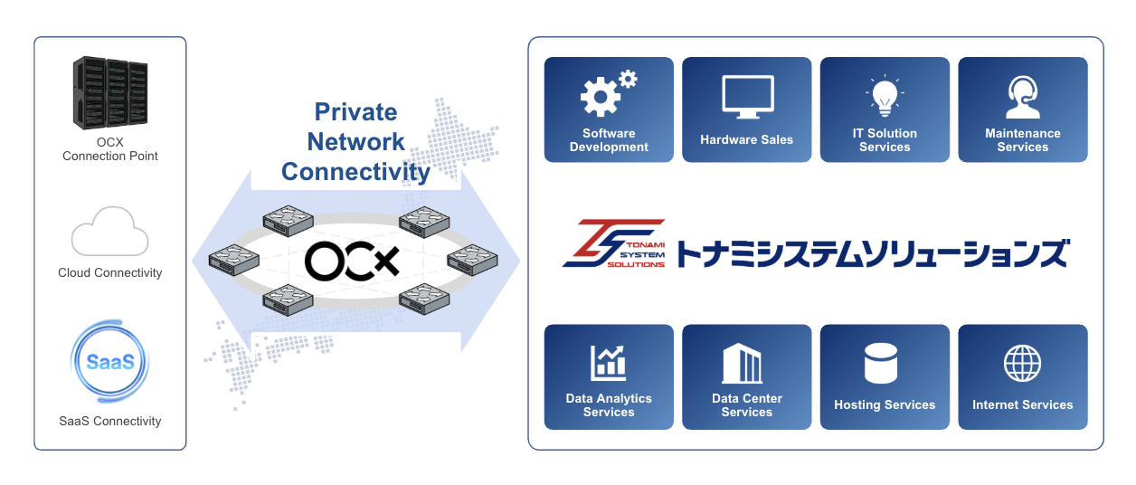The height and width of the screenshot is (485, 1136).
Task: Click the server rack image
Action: [x=110, y=93]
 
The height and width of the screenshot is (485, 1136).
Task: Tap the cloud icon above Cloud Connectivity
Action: [x=110, y=232]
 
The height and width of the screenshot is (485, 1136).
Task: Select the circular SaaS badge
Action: [x=110, y=361]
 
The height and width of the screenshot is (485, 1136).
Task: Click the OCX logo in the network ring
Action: [x=352, y=262]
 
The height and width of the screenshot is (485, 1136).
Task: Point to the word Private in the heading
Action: [x=355, y=111]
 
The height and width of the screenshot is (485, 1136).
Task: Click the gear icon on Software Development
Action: [x=609, y=93]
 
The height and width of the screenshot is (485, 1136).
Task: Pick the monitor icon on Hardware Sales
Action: [x=747, y=97]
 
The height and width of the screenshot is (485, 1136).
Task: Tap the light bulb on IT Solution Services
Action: [x=885, y=96]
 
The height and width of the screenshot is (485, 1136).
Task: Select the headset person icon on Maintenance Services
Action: [x=1023, y=97]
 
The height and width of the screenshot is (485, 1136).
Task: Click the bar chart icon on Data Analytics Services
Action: [x=608, y=363]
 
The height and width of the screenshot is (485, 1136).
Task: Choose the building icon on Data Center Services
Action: [x=742, y=363]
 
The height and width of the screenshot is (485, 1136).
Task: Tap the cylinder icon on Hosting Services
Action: [x=881, y=363]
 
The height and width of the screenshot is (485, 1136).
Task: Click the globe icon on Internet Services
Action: [x=1022, y=363]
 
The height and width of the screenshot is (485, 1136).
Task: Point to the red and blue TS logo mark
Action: [x=613, y=243]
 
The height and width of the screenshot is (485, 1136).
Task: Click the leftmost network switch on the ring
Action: [x=233, y=260]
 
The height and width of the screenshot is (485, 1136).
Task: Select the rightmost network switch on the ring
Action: [x=472, y=260]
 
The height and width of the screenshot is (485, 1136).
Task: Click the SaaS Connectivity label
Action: [x=110, y=421]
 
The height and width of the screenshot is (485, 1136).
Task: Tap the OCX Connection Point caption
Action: [x=110, y=149]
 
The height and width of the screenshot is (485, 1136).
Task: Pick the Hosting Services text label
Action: [x=885, y=404]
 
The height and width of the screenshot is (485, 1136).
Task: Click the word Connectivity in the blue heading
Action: [x=355, y=172]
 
